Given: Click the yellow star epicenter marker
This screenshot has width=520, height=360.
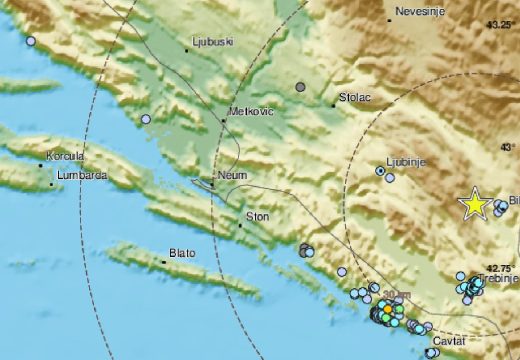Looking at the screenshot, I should click(474, 204).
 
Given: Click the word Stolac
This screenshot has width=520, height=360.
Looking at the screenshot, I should click(355, 98).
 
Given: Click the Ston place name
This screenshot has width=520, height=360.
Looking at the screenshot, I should click(258, 216).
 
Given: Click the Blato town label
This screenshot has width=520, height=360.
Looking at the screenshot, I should click(182, 254).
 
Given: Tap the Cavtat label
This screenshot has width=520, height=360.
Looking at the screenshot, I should click(450, 342).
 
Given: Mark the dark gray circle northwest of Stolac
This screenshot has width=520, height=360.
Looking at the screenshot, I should click(299, 88).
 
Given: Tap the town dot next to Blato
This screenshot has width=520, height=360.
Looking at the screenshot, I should click(164, 262).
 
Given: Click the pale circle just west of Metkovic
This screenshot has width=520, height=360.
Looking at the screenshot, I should click(147, 119).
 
